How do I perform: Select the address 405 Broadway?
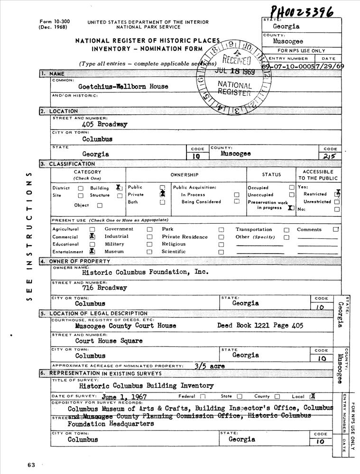[x=105, y=124]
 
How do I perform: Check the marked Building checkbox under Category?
[x=119, y=188]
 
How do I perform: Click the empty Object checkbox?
[x=100, y=206]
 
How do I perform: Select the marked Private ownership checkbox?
[x=162, y=194]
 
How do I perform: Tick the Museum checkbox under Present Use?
[x=149, y=252]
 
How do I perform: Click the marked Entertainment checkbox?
[x=92, y=252]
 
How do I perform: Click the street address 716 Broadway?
[x=105, y=288]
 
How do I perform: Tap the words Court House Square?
[x=109, y=340]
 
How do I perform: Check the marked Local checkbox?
[x=312, y=396]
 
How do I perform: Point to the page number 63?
[x=31, y=465]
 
